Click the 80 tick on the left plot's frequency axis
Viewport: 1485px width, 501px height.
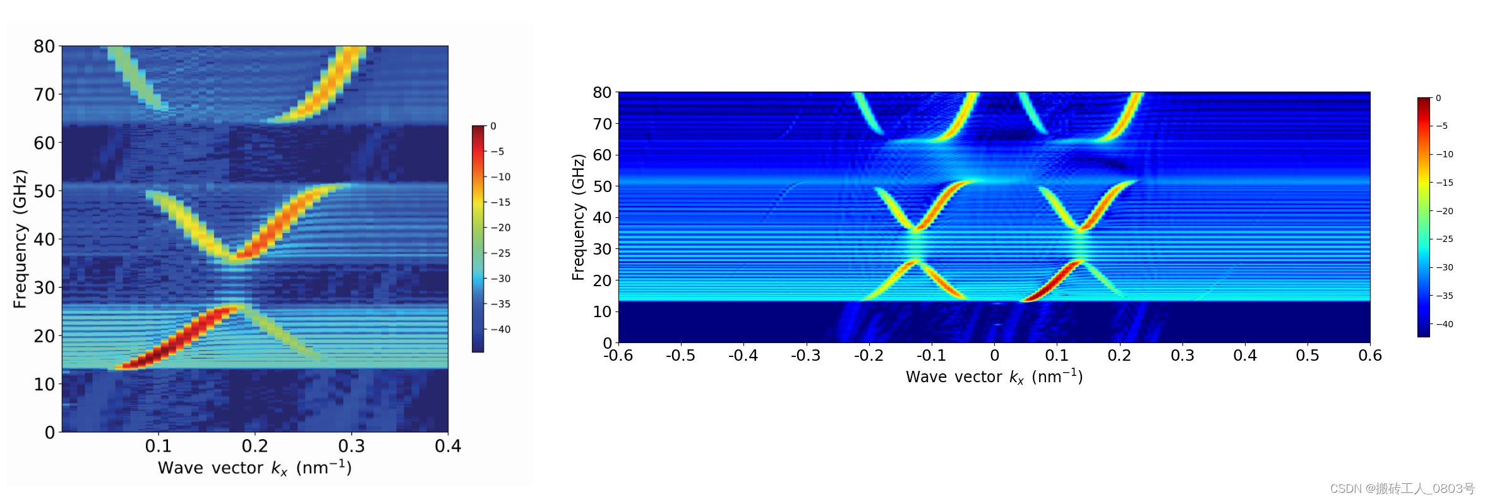[x=44, y=46]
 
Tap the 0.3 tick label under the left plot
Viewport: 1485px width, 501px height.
[x=351, y=446]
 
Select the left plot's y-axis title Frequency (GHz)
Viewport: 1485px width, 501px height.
[x=20, y=239]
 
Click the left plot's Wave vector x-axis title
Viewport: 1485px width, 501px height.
[x=255, y=468]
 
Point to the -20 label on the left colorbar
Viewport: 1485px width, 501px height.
[x=500, y=227]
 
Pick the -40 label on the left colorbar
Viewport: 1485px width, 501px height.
[x=500, y=329]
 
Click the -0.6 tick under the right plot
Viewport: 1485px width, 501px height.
[x=618, y=356]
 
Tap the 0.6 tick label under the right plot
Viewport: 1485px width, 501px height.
[x=1369, y=356]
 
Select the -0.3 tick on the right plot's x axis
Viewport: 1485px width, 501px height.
[x=806, y=356]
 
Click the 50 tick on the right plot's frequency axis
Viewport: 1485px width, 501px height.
[x=602, y=186]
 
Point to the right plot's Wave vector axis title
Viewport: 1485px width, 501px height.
[x=994, y=377]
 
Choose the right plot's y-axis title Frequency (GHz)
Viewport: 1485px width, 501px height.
[x=578, y=217]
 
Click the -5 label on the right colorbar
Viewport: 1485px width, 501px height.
[x=1441, y=126]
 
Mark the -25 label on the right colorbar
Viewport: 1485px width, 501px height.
[x=1444, y=239]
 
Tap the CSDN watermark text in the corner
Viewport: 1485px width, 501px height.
[x=1402, y=488]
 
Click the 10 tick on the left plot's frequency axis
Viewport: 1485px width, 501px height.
[x=44, y=384]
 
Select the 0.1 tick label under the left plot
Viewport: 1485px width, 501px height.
[x=158, y=446]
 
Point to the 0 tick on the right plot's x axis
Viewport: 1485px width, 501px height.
[x=994, y=356]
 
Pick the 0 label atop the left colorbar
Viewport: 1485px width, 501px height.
[x=493, y=126]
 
